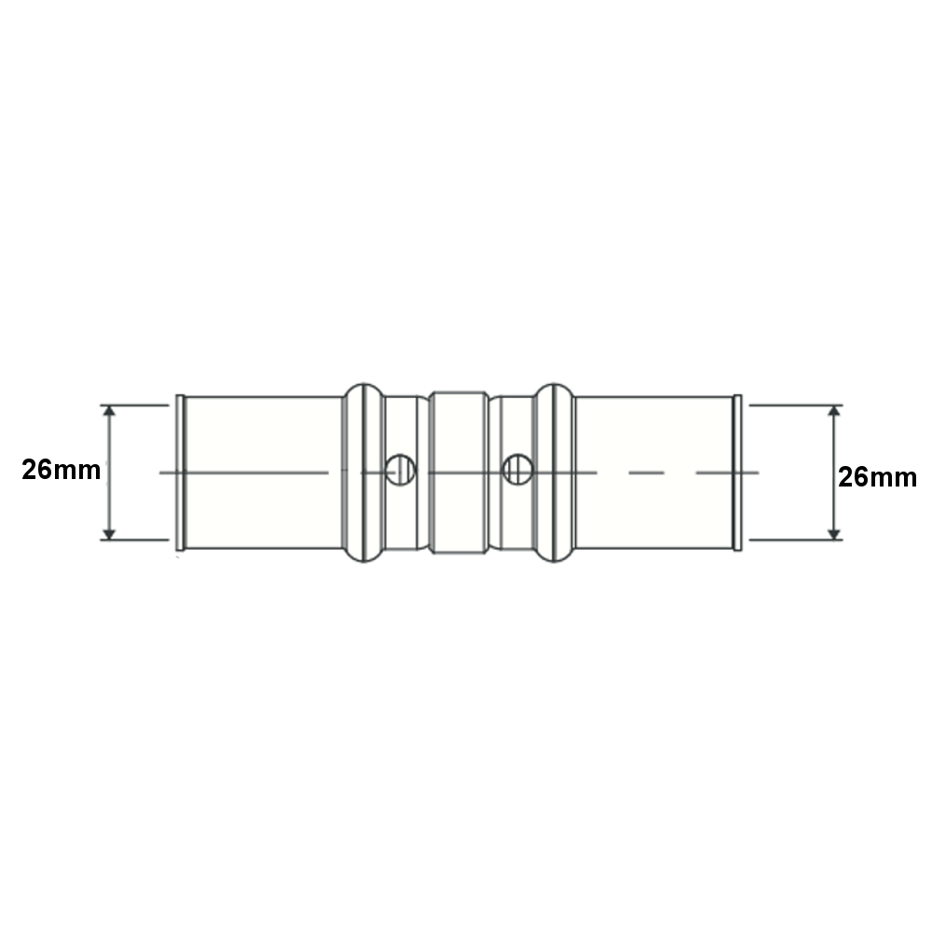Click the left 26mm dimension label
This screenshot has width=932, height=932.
(62, 470)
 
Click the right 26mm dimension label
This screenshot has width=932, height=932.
(877, 476)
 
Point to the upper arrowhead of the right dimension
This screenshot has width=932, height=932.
(834, 411)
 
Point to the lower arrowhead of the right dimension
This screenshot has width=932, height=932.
(834, 534)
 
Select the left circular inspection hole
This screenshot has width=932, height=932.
(400, 470)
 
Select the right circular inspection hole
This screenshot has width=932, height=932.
(517, 470)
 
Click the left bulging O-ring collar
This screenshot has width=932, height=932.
(364, 473)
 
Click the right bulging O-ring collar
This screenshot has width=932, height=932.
(554, 473)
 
